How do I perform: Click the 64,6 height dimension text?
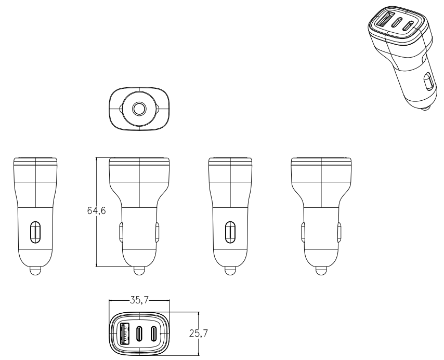[96, 210]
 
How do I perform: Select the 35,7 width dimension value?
[139, 300]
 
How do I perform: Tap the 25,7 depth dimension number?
[198, 334]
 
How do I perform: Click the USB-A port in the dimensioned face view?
[124, 334]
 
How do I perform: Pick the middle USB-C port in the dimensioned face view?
[140, 334]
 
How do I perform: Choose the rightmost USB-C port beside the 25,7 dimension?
[153, 334]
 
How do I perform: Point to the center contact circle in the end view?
[139, 109]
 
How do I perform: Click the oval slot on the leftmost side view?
[36, 232]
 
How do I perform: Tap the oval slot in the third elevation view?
[230, 232]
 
